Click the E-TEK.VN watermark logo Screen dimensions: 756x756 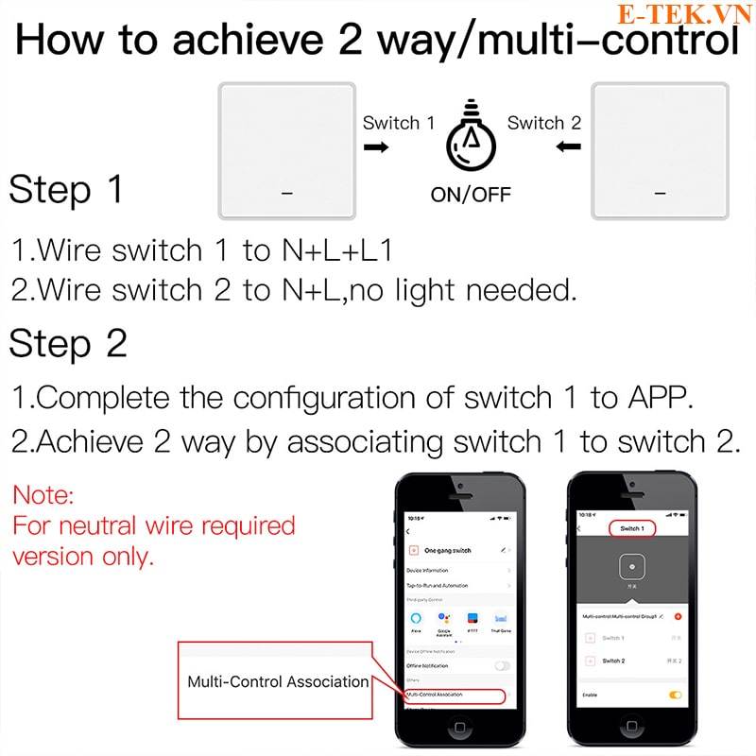point(684,14)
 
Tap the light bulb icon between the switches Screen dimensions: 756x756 point(470,142)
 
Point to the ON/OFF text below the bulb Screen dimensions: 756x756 point(470,195)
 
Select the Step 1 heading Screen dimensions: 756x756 point(66,190)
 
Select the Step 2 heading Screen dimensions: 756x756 point(68,344)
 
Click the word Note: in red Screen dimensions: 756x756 point(43,494)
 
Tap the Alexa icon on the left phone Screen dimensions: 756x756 point(415,618)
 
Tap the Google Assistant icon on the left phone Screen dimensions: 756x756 point(443,618)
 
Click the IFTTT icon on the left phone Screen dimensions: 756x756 point(472,618)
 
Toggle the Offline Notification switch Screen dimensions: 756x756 point(502,665)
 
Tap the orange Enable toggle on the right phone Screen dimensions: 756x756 point(675,695)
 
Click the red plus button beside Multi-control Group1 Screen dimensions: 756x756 point(678,616)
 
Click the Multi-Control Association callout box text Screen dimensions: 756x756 point(277,681)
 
